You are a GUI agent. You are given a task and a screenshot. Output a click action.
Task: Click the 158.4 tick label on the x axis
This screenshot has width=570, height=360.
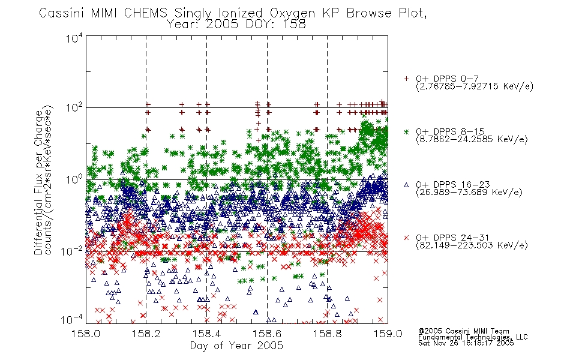pos(206,334)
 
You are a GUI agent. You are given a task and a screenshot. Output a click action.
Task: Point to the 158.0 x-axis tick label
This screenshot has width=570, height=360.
pos(86,334)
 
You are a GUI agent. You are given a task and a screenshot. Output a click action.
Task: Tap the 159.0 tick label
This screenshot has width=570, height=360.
pos(388,334)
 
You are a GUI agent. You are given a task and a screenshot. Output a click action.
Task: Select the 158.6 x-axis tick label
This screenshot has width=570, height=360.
pos(267,334)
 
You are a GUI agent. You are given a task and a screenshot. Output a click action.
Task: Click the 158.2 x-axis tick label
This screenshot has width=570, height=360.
pos(146,334)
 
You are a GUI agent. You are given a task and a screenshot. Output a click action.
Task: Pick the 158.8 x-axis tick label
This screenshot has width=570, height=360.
pos(327,334)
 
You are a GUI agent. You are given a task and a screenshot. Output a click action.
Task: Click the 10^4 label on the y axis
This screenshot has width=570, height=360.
pos(74,38)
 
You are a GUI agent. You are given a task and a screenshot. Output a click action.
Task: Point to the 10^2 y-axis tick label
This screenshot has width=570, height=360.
pos(74,107)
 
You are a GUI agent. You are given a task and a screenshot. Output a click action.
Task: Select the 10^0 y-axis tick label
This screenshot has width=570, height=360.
pos(74,179)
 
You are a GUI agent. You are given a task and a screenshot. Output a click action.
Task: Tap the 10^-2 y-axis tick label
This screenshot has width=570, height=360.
pos(73,251)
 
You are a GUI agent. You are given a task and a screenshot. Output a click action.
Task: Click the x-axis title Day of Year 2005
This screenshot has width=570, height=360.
pos(236,346)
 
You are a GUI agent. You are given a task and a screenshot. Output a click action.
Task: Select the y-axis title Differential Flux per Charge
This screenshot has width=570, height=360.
pos(39,182)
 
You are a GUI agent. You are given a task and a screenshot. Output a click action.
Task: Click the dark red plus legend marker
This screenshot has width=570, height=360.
pos(406,79)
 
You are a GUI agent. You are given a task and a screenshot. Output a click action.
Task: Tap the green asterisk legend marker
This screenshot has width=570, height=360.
pos(406,131)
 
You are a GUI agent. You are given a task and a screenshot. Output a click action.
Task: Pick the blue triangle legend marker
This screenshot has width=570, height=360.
pos(406,185)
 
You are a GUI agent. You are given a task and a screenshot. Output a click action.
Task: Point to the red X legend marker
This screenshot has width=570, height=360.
pos(406,238)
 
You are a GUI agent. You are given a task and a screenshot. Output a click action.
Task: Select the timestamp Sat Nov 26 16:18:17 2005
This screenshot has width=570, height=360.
pos(466,343)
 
